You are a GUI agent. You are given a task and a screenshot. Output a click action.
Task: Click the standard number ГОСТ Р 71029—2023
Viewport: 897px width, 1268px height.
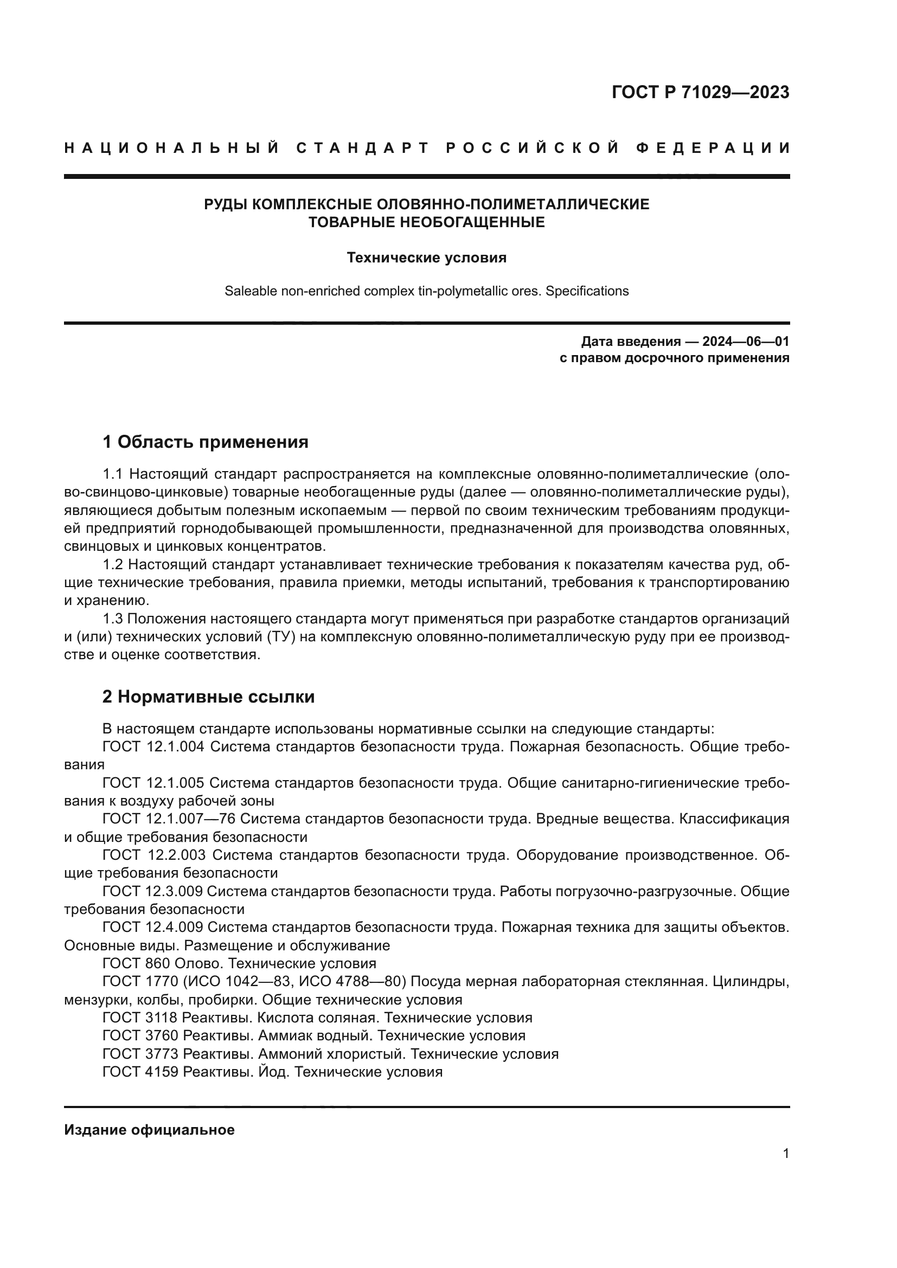point(700,92)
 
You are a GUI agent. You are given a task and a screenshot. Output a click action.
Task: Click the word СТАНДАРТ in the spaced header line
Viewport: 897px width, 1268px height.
point(363,148)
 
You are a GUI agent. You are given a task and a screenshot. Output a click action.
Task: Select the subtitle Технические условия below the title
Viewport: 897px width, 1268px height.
point(426,258)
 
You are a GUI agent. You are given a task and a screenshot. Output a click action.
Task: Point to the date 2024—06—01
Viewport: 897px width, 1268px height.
point(745,342)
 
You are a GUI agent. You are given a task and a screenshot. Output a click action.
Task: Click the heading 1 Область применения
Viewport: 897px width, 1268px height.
point(205,442)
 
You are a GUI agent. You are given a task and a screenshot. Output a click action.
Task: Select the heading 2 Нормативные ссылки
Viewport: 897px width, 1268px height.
point(208,697)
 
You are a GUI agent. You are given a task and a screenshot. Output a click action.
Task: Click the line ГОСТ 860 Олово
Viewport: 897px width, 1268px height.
point(239,964)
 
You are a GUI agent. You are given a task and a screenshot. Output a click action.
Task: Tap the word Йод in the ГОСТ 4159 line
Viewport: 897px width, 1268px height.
point(274,1072)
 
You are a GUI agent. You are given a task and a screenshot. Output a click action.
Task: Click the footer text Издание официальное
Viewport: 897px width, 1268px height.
point(149,1130)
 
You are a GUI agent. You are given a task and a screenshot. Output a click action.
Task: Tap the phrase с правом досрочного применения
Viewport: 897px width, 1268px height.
point(674,358)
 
